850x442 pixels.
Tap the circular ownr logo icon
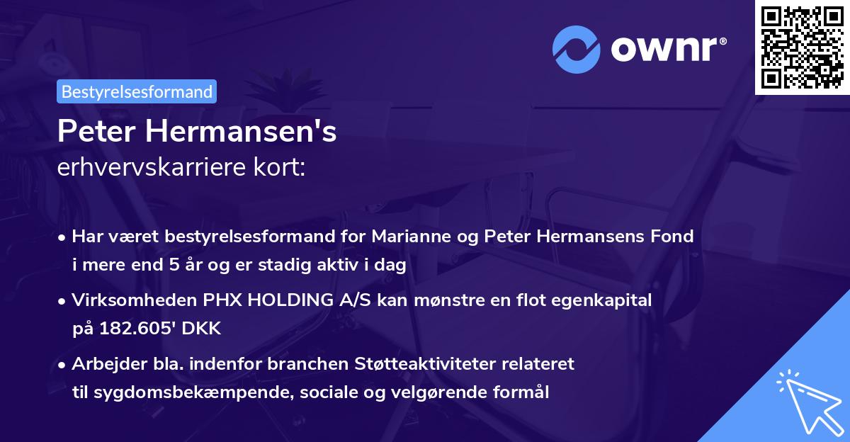pos(576,50)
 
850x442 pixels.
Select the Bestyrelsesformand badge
pos(137,91)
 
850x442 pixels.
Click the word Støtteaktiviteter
pos(425,364)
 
